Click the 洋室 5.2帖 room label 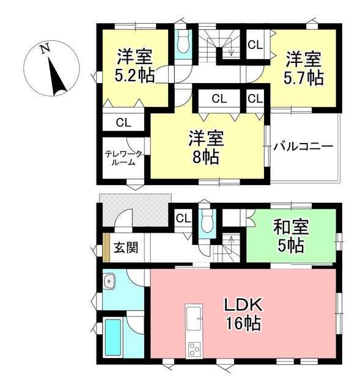click(134, 66)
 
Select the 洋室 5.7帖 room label click(303, 68)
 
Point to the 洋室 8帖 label click(206, 147)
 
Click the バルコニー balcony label click(303, 147)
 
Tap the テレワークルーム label click(123, 158)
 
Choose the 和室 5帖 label click(291, 236)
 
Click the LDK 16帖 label click(243, 314)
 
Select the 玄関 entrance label click(126, 248)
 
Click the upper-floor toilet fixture click(183, 44)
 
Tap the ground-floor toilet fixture click(207, 221)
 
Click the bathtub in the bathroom click(113, 337)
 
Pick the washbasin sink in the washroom click(109, 281)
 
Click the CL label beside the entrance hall click(183, 219)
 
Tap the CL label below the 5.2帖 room click(123, 122)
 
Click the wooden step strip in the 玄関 click(106, 248)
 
